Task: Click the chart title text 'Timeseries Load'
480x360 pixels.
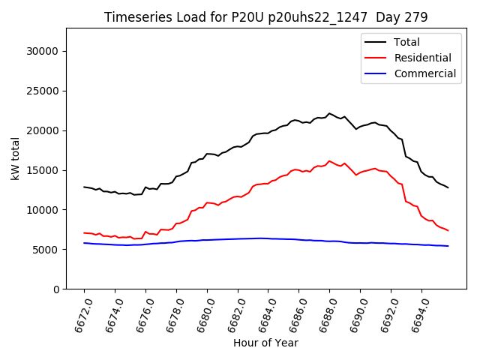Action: [x=147, y=17]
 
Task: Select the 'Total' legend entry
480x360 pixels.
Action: [x=406, y=42]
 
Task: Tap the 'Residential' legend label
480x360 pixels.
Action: [x=422, y=58]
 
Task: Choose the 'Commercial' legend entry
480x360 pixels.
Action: [x=424, y=73]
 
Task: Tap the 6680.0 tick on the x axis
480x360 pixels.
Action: [x=202, y=316]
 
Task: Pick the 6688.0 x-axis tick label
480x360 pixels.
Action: [x=325, y=316]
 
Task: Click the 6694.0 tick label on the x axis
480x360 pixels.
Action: [x=417, y=316]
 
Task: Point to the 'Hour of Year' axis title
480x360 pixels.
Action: [x=265, y=343]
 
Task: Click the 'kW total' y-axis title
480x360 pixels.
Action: [x=15, y=159]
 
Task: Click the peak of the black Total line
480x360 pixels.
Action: [x=329, y=113]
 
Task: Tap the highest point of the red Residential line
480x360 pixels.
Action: [x=329, y=160]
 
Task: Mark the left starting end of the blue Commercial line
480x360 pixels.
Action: [x=84, y=243]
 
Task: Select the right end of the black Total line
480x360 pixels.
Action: [x=448, y=187]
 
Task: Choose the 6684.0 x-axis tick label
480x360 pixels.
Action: [x=263, y=316]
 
